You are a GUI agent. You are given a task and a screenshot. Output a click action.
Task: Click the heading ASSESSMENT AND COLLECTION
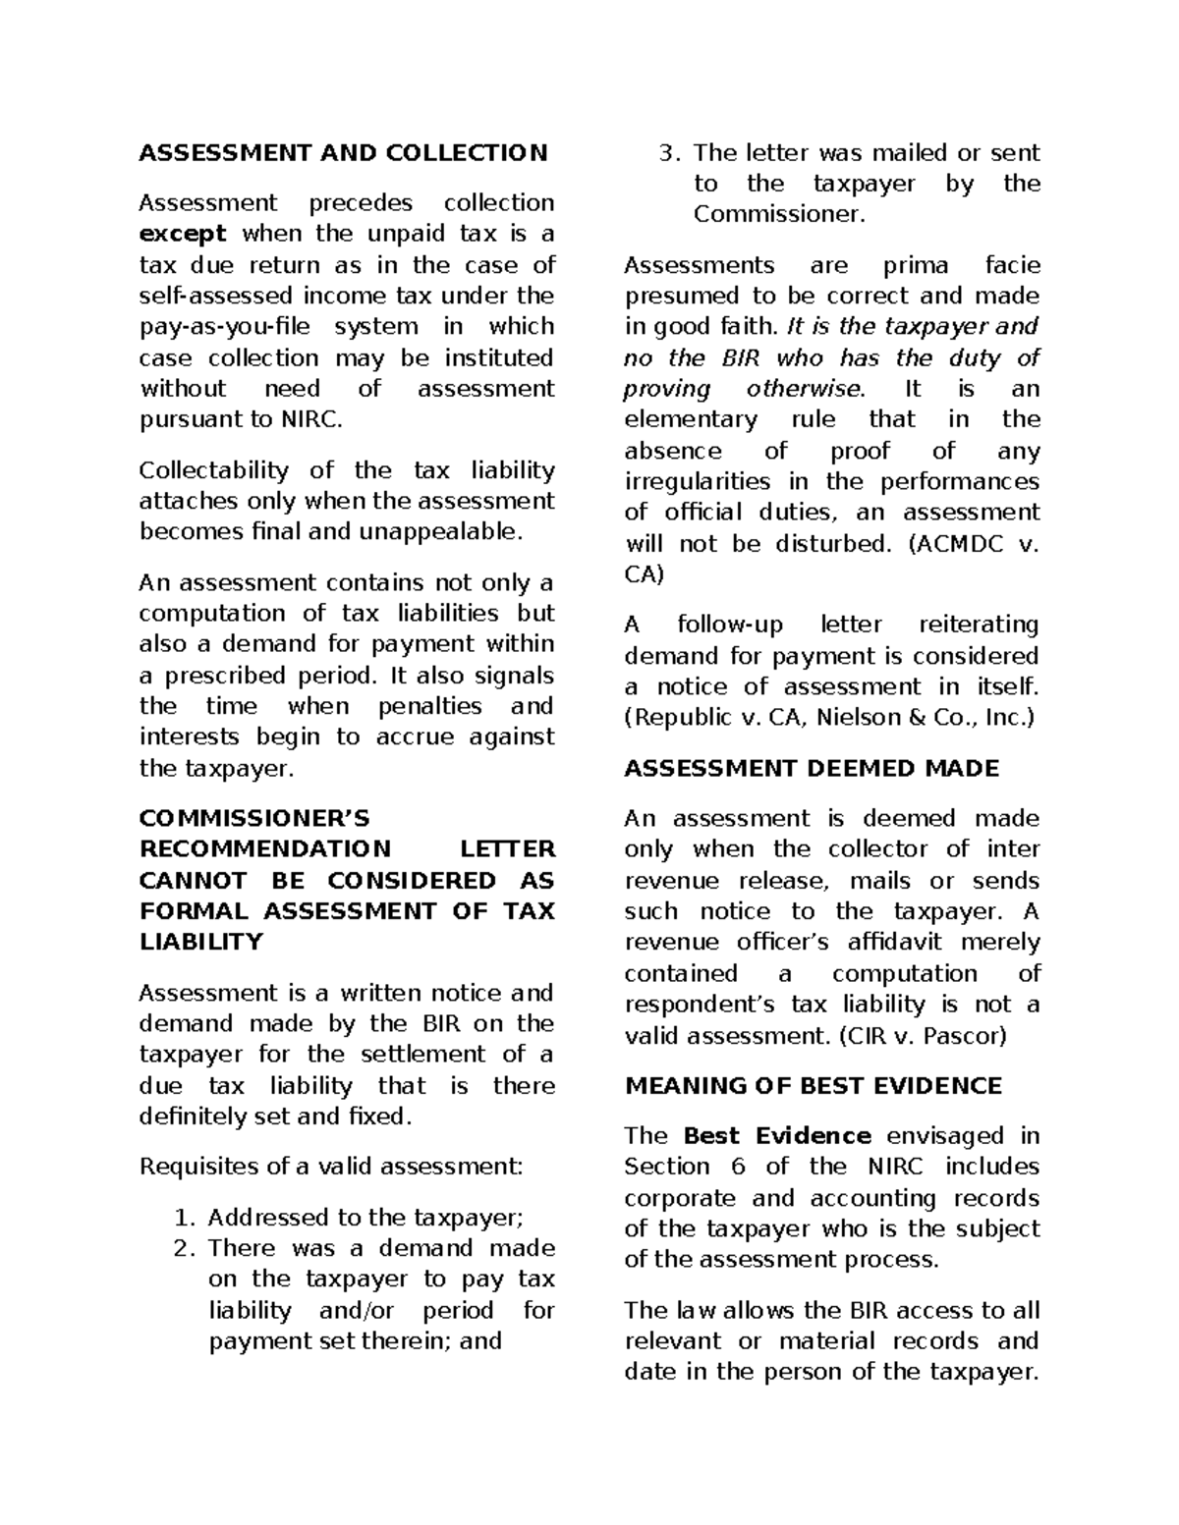click(343, 152)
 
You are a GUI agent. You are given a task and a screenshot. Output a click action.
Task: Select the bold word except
click(183, 234)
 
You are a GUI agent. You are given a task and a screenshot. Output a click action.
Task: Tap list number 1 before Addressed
click(179, 1218)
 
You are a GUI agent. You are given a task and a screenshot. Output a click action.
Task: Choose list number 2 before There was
click(179, 1248)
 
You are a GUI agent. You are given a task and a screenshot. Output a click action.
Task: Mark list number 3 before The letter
click(667, 153)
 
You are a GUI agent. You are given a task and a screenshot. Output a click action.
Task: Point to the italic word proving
click(667, 389)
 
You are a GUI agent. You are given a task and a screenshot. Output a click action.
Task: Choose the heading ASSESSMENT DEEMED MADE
click(812, 768)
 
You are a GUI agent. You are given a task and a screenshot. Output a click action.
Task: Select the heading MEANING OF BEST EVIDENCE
click(813, 1086)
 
